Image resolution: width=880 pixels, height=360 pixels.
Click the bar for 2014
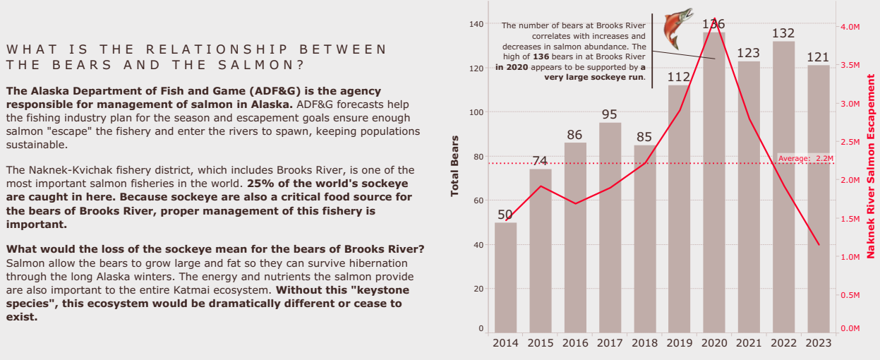pyautogui.click(x=505, y=277)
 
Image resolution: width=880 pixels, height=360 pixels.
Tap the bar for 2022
pyautogui.click(x=783, y=187)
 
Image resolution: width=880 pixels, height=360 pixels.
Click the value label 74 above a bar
pyautogui.click(x=540, y=160)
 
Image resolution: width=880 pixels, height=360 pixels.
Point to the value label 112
pyautogui.click(x=679, y=76)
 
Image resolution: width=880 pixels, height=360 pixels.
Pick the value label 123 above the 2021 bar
pyautogui.click(x=748, y=53)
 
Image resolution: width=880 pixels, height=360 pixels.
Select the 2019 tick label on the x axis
pyautogui.click(x=679, y=343)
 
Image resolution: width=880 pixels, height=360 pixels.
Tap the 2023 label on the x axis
pyautogui.click(x=818, y=343)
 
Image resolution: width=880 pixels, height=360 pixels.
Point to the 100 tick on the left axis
pyautogui.click(x=476, y=112)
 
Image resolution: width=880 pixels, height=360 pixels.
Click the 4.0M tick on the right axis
pyautogui.click(x=850, y=27)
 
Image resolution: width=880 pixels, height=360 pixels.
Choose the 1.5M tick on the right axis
pyautogui.click(x=850, y=219)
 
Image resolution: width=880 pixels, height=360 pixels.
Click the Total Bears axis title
pyautogui.click(x=455, y=166)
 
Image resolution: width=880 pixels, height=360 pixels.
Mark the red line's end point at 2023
pyautogui.click(x=819, y=245)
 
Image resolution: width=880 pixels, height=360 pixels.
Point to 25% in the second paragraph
pyautogui.click(x=258, y=183)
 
